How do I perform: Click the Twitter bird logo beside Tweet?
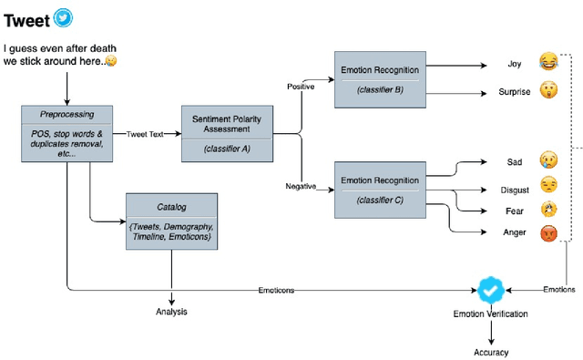click(63, 17)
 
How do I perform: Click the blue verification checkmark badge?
click(491, 290)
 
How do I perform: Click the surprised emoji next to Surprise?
click(547, 91)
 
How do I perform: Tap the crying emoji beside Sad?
click(547, 160)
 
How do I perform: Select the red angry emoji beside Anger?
click(547, 232)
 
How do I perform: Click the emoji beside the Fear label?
click(547, 209)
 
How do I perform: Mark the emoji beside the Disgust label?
click(547, 185)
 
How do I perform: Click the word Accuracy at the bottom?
click(491, 352)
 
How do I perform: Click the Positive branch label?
click(302, 88)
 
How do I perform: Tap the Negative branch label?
click(301, 186)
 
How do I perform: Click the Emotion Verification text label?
click(491, 314)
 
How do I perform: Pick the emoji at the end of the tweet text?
click(111, 61)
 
